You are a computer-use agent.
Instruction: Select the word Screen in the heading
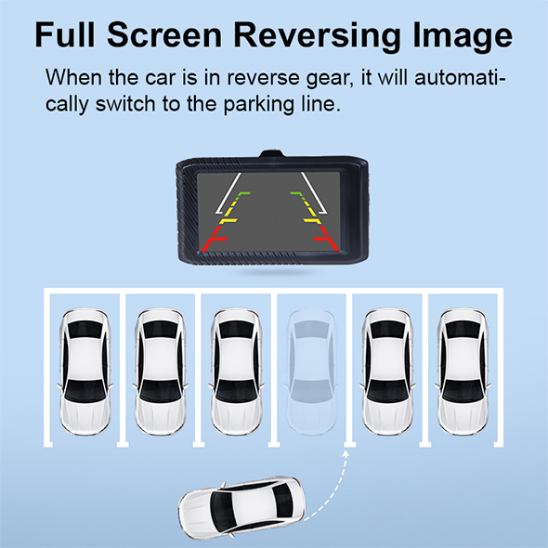(164, 34)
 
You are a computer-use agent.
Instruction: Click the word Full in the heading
(65, 34)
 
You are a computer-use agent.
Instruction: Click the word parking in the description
(258, 105)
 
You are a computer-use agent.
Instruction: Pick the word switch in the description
(125, 104)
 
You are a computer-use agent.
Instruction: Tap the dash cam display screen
(268, 212)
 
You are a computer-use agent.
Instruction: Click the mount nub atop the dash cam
(271, 154)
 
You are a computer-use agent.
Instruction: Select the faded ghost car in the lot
(312, 372)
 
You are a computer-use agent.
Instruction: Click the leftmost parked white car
(85, 372)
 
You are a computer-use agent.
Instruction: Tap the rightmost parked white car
(463, 372)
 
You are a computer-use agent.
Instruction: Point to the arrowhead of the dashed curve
(346, 454)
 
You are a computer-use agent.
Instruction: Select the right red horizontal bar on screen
(325, 243)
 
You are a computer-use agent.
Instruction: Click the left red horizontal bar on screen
(214, 243)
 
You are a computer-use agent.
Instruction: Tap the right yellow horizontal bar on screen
(312, 221)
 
